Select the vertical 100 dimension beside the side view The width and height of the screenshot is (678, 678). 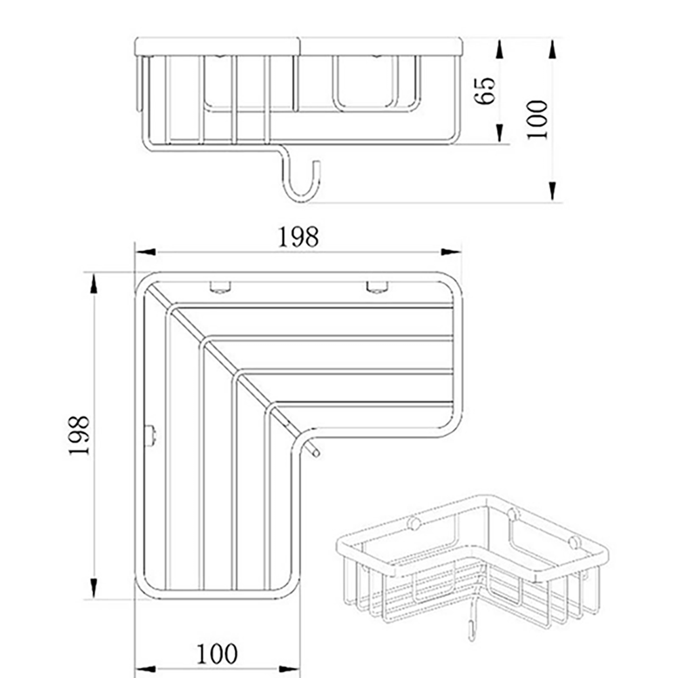538,119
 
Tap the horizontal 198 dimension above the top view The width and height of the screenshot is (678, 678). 298,237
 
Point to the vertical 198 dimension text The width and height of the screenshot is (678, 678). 79,435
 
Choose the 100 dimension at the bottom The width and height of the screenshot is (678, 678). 217,654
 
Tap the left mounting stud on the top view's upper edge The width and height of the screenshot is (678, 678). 220,287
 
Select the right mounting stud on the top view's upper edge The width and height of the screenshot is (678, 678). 377,287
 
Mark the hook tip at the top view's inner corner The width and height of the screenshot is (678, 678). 314,451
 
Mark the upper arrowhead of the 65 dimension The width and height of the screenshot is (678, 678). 499,49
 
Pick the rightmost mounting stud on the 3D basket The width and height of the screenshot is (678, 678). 575,542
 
